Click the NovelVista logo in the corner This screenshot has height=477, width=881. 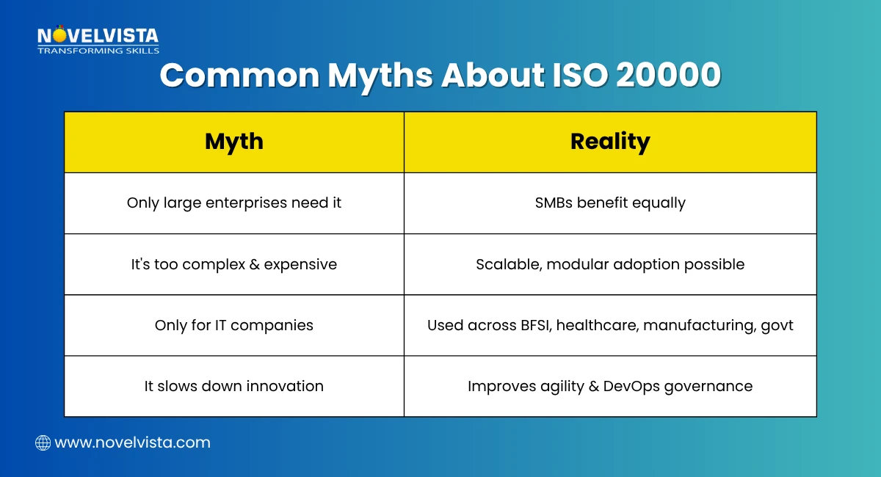98,36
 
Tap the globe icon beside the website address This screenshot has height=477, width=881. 43,443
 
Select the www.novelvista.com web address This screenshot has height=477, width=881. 132,443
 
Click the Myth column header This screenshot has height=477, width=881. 233,142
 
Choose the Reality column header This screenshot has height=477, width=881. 610,142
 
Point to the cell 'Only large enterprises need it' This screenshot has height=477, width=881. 233,203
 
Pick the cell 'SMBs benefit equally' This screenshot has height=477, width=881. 610,203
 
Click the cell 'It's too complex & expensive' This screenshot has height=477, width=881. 233,264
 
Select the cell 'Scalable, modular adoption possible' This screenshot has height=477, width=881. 610,264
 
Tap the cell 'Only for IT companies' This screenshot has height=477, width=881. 233,325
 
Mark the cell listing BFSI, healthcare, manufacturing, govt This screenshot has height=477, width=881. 610,325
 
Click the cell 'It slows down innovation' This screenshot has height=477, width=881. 233,386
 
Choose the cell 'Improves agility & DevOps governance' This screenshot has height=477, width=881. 610,386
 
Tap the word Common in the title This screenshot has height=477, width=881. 239,76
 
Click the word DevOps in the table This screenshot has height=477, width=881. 633,386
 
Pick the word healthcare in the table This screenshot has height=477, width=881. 597,325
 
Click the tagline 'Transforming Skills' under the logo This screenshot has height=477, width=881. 98,51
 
